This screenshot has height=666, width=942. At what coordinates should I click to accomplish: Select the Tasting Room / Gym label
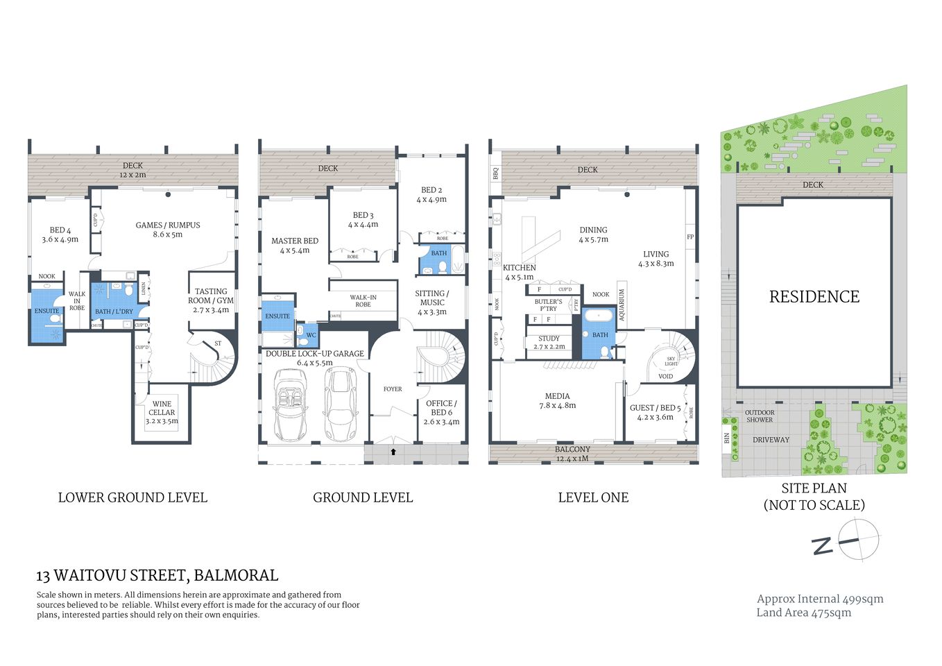[211, 300]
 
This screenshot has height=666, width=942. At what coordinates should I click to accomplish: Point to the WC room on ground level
[310, 335]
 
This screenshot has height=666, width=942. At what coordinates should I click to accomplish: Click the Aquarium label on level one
[622, 304]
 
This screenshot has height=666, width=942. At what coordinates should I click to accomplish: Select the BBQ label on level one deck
[495, 173]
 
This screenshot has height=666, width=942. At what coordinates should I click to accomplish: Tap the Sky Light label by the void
[671, 361]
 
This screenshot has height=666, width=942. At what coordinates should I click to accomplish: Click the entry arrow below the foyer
[393, 452]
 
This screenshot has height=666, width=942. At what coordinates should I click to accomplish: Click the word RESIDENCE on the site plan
[814, 297]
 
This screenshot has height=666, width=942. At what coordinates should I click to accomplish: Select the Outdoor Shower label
[759, 416]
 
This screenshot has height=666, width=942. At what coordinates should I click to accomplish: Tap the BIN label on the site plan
[727, 438]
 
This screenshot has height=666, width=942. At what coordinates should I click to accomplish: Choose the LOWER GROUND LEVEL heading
[132, 497]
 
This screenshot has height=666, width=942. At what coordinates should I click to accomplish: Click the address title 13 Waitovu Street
[157, 575]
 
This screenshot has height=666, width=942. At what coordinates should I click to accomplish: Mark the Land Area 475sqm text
[803, 613]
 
